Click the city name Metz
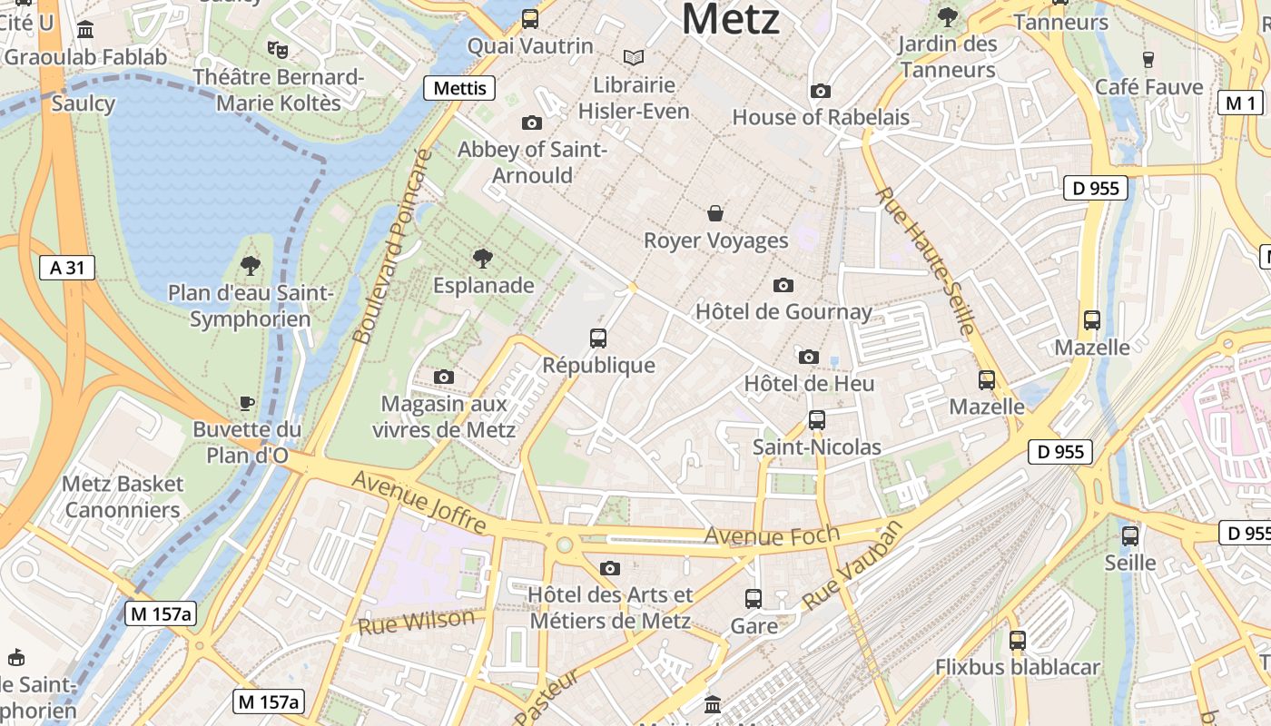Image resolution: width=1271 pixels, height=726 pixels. point(730,20)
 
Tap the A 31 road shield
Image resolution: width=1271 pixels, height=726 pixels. point(67,268)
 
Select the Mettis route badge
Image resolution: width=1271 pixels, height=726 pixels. point(460,88)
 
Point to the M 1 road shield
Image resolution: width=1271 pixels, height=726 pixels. point(1241,103)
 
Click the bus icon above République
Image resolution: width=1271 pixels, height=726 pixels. point(598,338)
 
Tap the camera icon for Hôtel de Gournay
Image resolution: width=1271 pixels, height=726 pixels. point(783,286)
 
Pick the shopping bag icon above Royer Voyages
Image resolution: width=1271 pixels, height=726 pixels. point(715,214)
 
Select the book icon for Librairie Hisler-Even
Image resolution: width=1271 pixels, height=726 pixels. point(634,58)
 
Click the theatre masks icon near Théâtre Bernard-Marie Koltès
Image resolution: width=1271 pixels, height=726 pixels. point(277,49)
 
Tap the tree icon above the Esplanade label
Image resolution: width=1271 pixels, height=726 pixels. point(483,259)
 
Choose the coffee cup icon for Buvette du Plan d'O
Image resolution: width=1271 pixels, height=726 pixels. point(246,403)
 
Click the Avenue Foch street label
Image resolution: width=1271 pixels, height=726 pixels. point(772,536)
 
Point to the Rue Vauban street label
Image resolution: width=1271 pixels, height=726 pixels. point(853,564)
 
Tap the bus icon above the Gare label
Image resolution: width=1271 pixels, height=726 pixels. point(754,599)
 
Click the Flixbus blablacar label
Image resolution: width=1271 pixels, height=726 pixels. point(1018,667)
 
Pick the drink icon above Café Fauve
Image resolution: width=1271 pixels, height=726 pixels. point(1148,60)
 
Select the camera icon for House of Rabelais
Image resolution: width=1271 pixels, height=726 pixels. point(821,92)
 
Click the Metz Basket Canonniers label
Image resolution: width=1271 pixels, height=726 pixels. point(123,496)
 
